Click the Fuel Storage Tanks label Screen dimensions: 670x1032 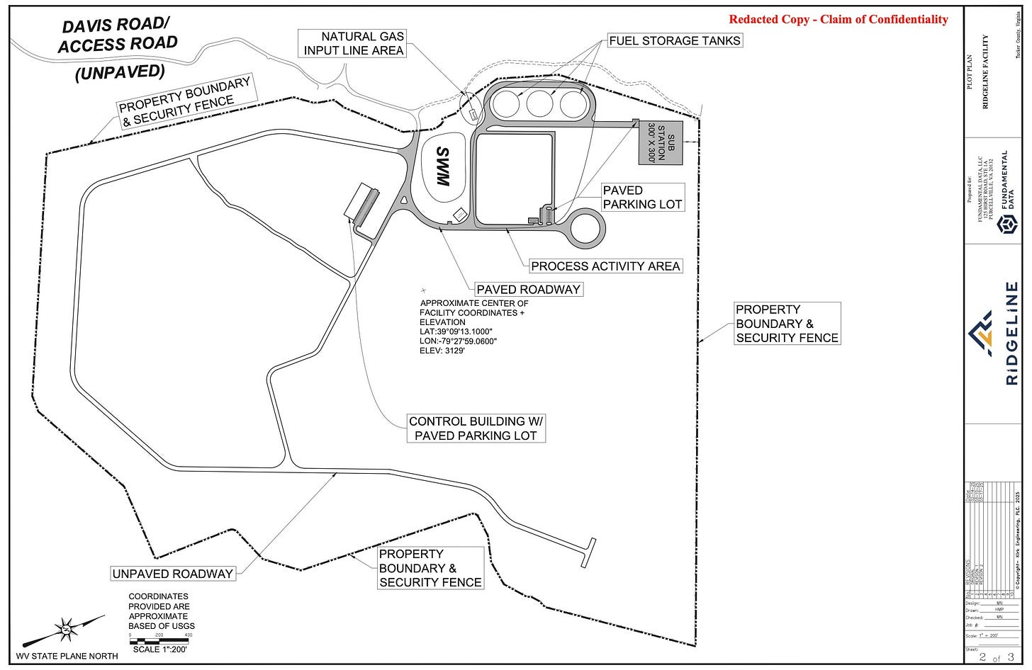pyautogui.click(x=675, y=40)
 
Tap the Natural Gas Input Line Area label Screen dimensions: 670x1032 pyautogui.click(x=354, y=43)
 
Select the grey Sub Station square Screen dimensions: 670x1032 pyautogui.click(x=658, y=142)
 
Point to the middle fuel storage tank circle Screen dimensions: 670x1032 pyautogui.click(x=539, y=104)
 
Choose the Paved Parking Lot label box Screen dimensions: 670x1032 pyautogui.click(x=642, y=197)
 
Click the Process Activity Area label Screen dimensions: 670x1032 pyautogui.click(x=605, y=266)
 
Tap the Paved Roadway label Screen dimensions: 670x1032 pyautogui.click(x=528, y=289)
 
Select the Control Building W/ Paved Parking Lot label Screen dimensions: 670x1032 pyautogui.click(x=476, y=428)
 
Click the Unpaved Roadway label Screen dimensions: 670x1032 pyautogui.click(x=172, y=573)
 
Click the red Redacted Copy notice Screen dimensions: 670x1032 pyautogui.click(x=838, y=19)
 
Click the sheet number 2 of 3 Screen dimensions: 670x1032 pyautogui.click(x=997, y=658)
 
